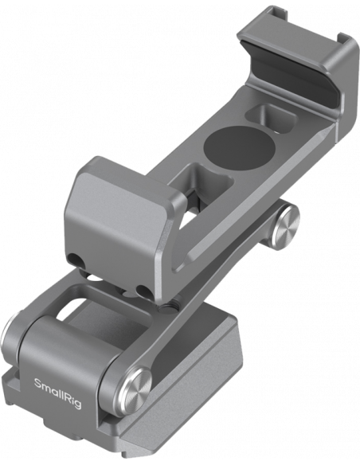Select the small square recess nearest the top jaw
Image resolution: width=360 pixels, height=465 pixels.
click(271, 119)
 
